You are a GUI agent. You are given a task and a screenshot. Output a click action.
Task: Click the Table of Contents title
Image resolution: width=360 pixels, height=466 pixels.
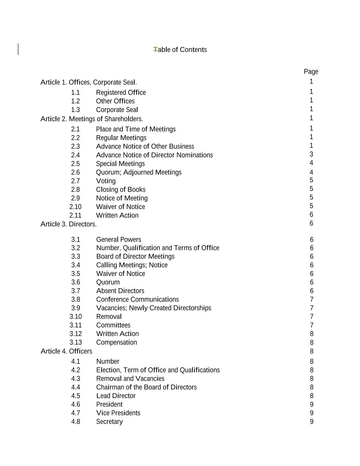(180, 50)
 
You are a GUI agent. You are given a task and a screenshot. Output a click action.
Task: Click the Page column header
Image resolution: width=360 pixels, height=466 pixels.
(311, 72)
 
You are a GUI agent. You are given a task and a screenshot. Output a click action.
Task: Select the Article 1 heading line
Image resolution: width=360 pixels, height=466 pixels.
(89, 82)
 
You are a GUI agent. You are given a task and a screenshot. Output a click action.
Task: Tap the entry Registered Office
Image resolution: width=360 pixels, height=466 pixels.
(121, 93)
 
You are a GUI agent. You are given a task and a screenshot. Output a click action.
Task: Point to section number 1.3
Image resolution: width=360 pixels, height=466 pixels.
(75, 110)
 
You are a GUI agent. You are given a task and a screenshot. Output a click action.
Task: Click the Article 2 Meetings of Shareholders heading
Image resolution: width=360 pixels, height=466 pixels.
(92, 119)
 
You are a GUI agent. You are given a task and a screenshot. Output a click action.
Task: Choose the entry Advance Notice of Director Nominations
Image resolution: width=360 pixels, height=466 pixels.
(154, 155)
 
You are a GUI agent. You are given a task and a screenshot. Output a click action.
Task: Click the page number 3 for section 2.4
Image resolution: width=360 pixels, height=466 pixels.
(311, 154)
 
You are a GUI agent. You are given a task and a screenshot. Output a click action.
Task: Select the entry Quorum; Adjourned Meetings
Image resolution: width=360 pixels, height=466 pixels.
(139, 172)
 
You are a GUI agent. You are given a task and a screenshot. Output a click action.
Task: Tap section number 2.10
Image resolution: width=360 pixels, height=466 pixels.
(75, 207)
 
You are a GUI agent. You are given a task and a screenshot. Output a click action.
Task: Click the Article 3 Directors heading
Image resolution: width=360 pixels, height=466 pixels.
(69, 224)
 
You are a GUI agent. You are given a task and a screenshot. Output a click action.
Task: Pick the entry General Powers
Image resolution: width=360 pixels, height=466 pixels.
(118, 240)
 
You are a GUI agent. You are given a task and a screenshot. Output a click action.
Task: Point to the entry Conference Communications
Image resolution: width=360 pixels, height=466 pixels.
(137, 299)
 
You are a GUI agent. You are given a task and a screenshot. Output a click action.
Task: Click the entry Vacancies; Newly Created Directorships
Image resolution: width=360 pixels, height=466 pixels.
(154, 308)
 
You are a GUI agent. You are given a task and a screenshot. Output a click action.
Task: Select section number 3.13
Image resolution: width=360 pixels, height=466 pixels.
(76, 342)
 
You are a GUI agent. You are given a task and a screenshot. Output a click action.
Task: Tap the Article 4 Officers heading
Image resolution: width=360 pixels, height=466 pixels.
(67, 351)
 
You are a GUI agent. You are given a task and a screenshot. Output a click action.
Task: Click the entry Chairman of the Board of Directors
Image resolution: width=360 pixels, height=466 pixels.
(146, 387)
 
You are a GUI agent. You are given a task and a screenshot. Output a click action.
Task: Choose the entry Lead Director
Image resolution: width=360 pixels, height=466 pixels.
(116, 396)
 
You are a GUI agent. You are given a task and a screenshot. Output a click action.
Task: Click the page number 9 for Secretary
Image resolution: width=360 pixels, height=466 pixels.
(312, 422)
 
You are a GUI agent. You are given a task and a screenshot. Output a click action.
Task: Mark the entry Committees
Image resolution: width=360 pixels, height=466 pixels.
(113, 325)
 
